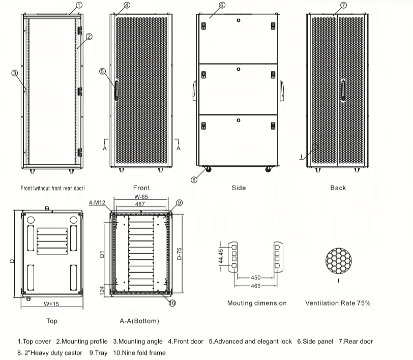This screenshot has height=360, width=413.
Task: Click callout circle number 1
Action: [79, 5]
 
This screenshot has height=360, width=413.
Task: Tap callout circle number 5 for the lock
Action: [102, 72]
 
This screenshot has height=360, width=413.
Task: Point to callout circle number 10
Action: [172, 304]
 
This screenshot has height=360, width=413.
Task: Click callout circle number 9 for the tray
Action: [179, 203]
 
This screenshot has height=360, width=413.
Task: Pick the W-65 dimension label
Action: [141, 197]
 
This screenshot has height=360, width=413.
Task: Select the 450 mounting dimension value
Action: [255, 278]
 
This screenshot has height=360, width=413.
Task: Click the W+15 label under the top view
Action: [51, 304]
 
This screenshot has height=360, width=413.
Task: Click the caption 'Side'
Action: [239, 188]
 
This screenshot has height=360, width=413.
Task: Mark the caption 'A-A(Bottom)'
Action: [139, 321]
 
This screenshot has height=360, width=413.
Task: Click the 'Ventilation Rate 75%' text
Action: [338, 303]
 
